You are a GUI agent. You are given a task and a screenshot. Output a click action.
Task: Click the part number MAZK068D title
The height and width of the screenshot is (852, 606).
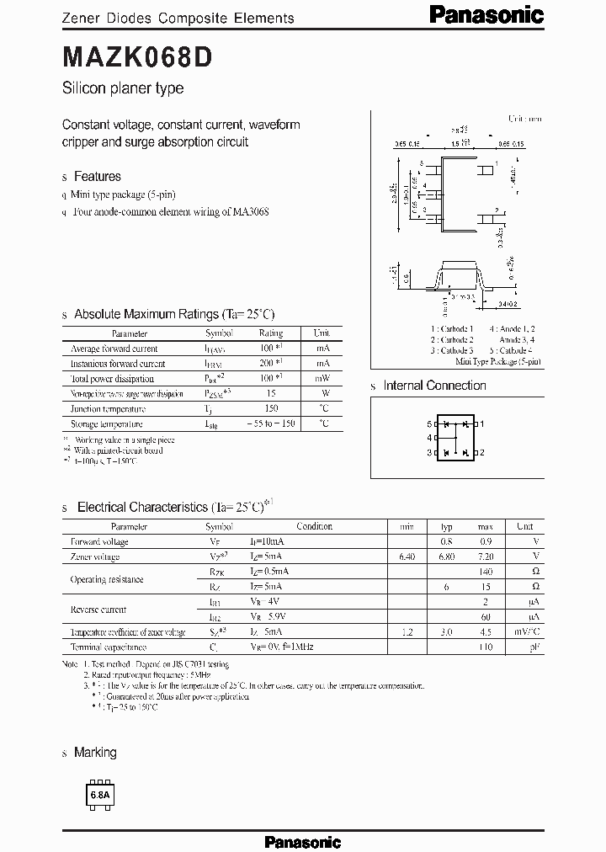(x=138, y=56)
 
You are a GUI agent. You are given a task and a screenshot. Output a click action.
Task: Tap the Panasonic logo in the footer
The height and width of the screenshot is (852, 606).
(x=302, y=841)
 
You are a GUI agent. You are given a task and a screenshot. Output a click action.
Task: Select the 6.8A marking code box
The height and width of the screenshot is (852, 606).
(x=100, y=795)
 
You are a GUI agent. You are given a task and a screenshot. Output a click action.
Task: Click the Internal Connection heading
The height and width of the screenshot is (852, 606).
(x=434, y=386)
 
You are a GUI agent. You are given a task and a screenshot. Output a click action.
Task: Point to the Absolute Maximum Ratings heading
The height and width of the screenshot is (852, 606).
(x=174, y=314)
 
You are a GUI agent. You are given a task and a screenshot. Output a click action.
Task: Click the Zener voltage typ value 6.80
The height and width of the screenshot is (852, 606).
(x=448, y=556)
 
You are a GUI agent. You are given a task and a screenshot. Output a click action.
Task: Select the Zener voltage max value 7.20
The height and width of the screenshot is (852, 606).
(x=484, y=556)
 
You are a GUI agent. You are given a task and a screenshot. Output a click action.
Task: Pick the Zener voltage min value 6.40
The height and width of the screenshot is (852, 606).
(x=407, y=556)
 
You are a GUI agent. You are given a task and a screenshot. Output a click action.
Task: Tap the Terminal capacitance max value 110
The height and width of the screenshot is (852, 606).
(x=485, y=647)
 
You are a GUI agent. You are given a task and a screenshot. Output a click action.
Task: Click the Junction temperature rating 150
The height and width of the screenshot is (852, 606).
(x=270, y=409)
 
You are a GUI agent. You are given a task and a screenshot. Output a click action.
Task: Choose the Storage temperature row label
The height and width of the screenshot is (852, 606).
(x=107, y=424)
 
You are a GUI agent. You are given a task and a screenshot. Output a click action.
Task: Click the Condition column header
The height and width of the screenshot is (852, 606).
(x=314, y=526)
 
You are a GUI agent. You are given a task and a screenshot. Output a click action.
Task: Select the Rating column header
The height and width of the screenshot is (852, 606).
(x=270, y=333)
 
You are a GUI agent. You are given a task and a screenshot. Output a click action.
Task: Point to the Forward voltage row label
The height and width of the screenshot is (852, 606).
(x=99, y=541)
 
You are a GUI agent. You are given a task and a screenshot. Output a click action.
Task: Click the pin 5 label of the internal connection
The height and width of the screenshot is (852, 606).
(x=429, y=423)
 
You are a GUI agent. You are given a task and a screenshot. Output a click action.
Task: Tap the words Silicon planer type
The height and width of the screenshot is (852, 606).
(x=123, y=88)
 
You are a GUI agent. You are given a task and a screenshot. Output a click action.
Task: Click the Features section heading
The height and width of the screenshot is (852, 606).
(x=98, y=177)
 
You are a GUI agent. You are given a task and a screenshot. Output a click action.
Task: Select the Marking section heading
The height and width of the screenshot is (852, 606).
(x=95, y=753)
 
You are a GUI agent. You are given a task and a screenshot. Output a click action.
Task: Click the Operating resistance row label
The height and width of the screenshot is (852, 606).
(x=106, y=579)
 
